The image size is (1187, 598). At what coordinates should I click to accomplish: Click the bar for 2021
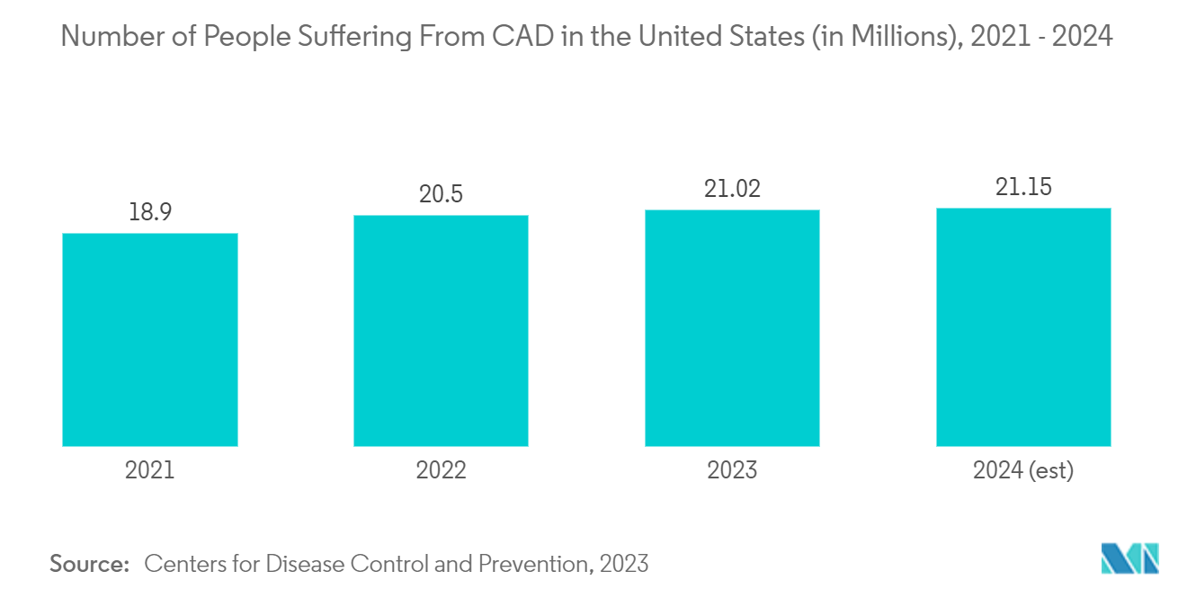coord(150,340)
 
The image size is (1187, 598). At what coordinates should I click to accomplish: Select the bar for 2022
coord(441,331)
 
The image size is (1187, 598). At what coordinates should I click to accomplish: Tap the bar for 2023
coord(732,328)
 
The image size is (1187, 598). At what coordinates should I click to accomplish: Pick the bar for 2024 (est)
coord(1023,327)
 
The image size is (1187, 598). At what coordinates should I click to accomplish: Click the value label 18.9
coord(150,212)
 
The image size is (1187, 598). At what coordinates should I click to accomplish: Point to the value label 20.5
coord(441,194)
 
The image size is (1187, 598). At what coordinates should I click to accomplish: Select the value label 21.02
coord(732,189)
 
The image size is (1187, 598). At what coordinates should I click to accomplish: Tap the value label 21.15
coord(1023,187)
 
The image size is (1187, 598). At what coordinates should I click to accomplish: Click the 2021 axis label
coord(150,470)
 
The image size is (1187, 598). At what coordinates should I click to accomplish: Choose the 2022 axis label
coord(441,470)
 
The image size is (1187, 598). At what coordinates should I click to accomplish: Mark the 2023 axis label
coord(732,470)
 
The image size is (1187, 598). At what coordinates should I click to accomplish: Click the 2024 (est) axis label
coord(1023,470)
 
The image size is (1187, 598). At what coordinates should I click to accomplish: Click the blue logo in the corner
coord(1130,558)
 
